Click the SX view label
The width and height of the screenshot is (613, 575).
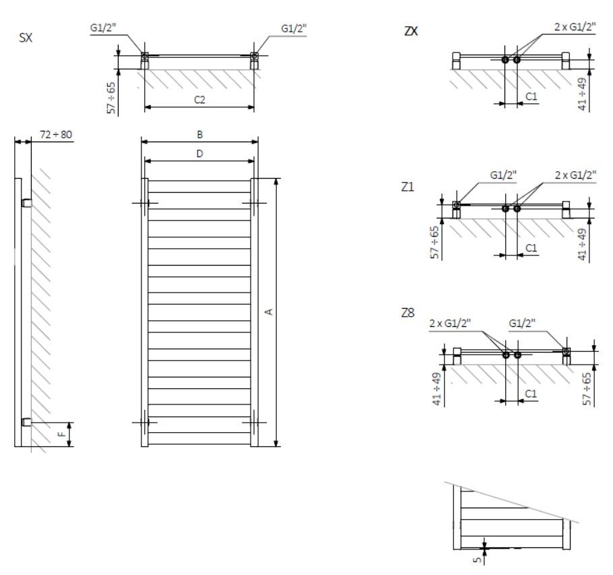(26, 38)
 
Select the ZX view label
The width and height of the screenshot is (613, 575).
(411, 30)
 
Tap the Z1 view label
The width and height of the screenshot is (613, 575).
(408, 187)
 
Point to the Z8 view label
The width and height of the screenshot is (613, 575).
(408, 313)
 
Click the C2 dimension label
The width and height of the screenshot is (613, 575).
(199, 100)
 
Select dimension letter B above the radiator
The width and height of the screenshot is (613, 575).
(199, 134)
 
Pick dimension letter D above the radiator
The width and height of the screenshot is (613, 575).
(199, 154)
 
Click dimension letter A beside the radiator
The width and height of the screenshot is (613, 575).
(268, 311)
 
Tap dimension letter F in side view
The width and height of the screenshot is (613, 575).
(61, 435)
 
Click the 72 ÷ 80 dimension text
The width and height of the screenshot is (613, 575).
(56, 135)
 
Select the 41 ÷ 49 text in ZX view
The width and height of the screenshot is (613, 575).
(583, 94)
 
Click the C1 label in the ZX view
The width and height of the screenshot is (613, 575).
(531, 96)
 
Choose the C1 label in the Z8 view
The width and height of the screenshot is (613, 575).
(531, 393)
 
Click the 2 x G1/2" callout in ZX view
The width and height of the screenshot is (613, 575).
(575, 26)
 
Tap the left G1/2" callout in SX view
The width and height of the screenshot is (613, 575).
(104, 28)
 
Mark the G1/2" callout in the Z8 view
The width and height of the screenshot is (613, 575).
(522, 323)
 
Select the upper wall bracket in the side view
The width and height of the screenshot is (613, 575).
(26, 202)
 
